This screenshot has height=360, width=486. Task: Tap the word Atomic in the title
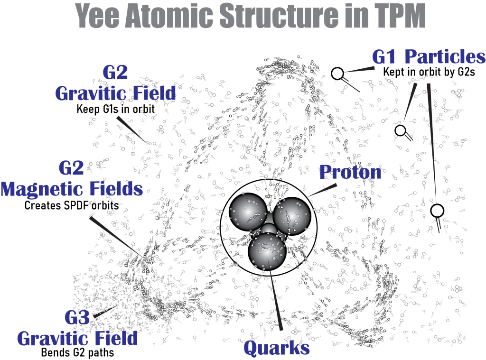[x=170, y=16]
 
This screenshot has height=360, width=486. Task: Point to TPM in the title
[x=400, y=16]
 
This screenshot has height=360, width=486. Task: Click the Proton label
[x=350, y=172]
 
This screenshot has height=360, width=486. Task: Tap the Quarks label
[x=277, y=348]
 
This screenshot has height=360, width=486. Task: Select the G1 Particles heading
[x=429, y=56]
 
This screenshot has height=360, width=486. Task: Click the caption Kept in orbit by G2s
[x=429, y=72]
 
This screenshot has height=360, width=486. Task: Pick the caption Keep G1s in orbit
[x=116, y=109]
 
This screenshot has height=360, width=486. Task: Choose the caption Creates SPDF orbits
[x=72, y=205]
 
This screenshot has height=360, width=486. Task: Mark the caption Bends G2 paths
[x=77, y=352]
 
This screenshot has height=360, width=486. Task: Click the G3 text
[x=77, y=317]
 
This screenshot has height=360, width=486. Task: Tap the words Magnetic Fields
[x=72, y=189]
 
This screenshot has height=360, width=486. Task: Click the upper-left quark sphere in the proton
[x=248, y=212]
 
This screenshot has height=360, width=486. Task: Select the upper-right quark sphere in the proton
[x=292, y=216]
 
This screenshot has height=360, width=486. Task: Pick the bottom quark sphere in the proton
[x=267, y=251]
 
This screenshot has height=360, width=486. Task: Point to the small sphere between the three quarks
[x=269, y=229]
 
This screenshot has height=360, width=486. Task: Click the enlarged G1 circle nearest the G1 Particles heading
[x=337, y=74]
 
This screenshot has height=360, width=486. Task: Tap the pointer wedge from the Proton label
[x=323, y=190]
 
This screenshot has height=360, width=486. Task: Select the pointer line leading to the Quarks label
[x=276, y=300]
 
